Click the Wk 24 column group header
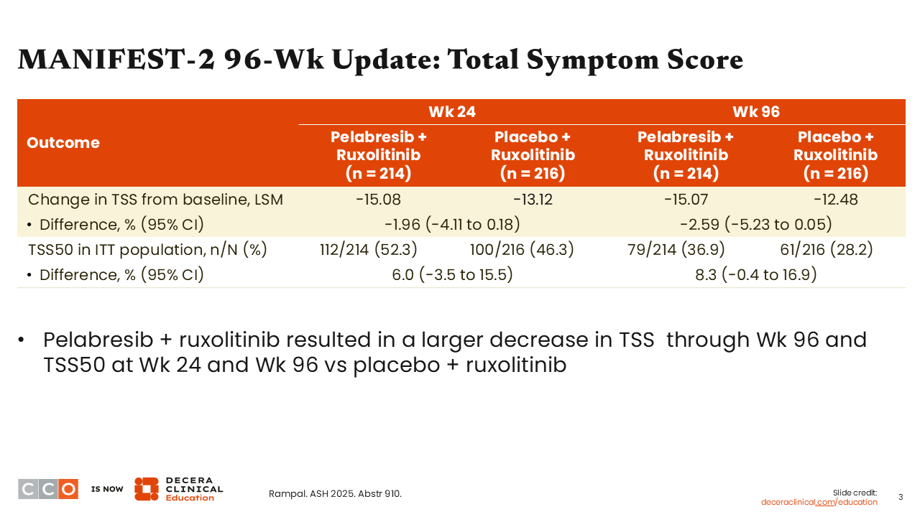(x=452, y=111)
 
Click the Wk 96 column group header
(x=756, y=111)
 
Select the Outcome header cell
(x=63, y=142)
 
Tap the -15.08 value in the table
(x=378, y=200)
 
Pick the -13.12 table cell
(x=533, y=200)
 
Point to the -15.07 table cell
(x=686, y=200)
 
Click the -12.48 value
(x=835, y=200)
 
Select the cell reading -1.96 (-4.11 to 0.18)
(x=452, y=225)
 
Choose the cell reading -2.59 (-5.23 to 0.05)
(x=755, y=225)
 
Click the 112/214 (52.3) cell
(x=369, y=249)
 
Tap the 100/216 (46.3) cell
(x=522, y=249)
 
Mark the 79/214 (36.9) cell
(x=676, y=249)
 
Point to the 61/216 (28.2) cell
(x=827, y=249)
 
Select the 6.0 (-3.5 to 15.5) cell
(x=452, y=274)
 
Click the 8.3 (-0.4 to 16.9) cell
(x=755, y=274)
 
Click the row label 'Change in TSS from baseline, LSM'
(x=156, y=200)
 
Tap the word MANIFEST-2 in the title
(x=116, y=60)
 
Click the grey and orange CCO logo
(x=48, y=489)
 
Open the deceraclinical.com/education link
(x=819, y=502)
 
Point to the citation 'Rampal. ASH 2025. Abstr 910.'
(x=335, y=493)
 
